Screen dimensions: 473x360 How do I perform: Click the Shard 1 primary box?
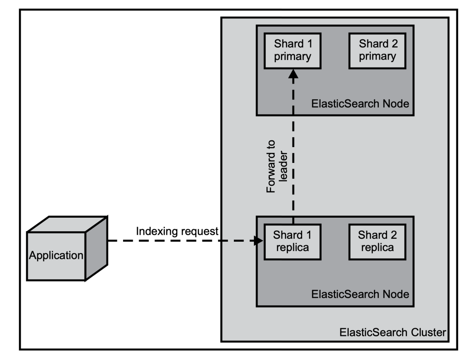[x=292, y=51]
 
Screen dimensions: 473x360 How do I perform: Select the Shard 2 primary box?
[x=378, y=51]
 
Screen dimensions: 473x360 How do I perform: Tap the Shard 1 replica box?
[x=292, y=242]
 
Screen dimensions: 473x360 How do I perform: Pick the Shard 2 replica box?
[x=378, y=242]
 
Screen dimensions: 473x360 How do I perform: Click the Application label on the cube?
[x=56, y=256]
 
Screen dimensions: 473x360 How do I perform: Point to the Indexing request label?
[x=177, y=231]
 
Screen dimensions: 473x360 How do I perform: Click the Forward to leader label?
[x=277, y=166]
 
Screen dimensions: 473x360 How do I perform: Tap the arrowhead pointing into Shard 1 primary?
[x=293, y=74]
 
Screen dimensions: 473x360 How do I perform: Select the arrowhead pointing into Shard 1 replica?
[x=258, y=241]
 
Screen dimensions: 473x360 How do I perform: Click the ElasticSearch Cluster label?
[x=392, y=332]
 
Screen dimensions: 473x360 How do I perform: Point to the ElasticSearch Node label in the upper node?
[x=360, y=103]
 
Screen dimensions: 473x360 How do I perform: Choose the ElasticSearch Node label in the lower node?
[x=360, y=294]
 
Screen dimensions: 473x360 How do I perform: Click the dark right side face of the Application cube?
[x=96, y=249]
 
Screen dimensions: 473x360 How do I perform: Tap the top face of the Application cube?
[x=67, y=224]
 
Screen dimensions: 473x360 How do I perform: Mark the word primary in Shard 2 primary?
[x=378, y=57]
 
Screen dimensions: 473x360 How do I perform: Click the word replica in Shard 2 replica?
[x=378, y=248]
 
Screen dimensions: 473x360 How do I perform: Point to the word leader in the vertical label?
[x=283, y=166]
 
